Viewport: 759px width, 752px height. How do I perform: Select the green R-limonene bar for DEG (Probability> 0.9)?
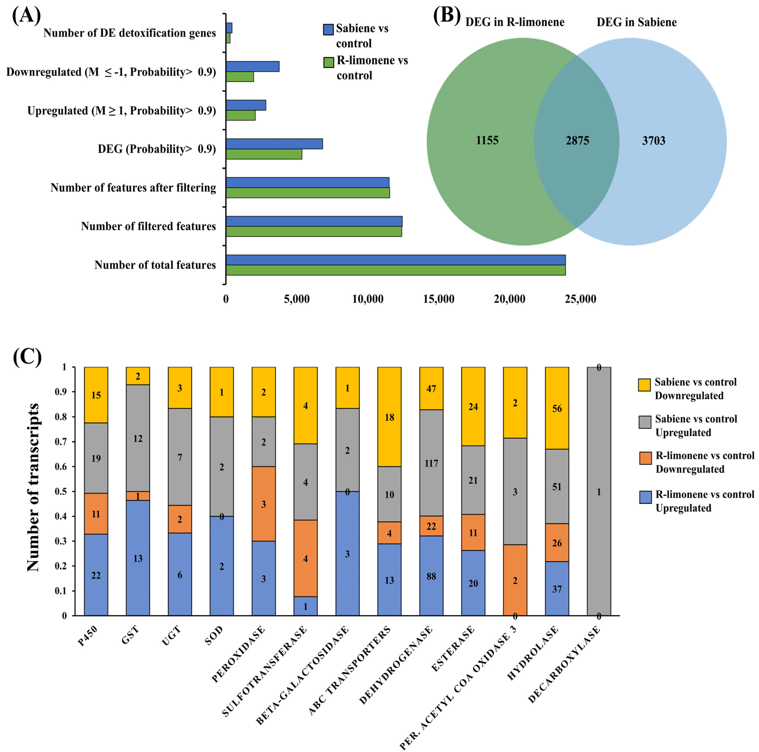point(264,154)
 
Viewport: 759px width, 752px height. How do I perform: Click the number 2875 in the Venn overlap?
point(577,141)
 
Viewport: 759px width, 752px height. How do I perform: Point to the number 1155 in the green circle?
point(487,140)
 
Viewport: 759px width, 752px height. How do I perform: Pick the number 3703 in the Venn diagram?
point(653,141)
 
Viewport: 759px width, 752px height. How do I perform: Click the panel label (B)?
point(447,16)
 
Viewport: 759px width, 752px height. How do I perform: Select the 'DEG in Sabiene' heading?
point(636,22)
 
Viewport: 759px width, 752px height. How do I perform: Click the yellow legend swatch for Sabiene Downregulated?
point(645,385)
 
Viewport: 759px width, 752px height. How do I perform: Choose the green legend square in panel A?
point(328,62)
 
